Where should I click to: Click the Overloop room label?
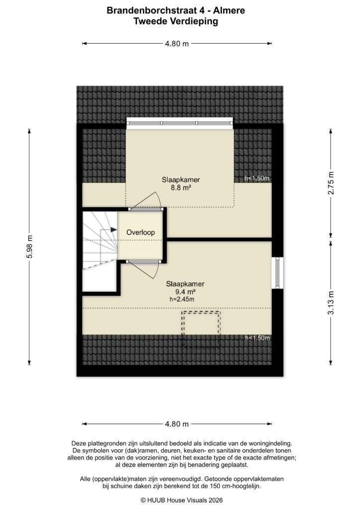[141, 232]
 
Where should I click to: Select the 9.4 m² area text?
[185, 292]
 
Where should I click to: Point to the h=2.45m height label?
[181, 299]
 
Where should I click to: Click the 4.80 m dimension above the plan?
[177, 44]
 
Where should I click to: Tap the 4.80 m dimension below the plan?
[177, 424]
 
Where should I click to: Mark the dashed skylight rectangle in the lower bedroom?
[201, 328]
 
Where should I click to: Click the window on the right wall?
[276, 272]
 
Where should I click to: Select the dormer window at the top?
[180, 123]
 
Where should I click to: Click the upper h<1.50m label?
[257, 178]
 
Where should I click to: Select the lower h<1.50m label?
[257, 338]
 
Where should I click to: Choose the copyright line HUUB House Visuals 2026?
[181, 500]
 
